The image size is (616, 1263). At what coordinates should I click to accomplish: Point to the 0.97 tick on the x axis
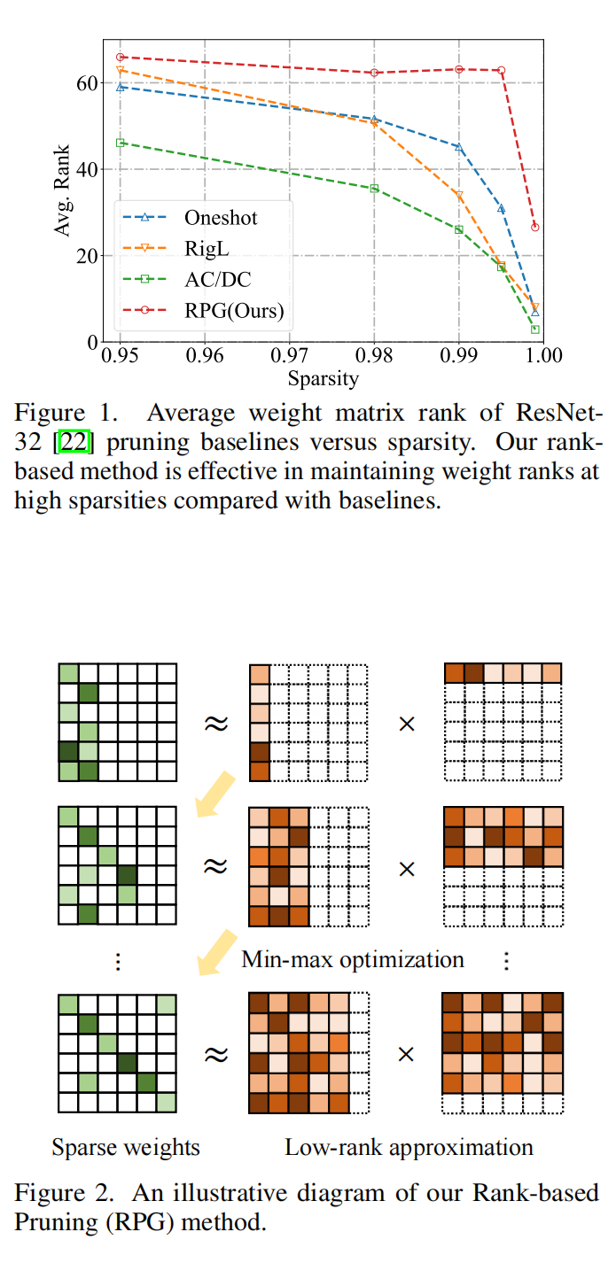(x=290, y=357)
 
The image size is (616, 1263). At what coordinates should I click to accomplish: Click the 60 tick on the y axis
(x=84, y=83)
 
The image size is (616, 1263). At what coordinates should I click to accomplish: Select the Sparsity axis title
(x=324, y=379)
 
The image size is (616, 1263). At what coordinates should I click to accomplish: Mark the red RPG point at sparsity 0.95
(x=121, y=58)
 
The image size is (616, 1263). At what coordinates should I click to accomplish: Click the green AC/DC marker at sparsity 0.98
(x=374, y=189)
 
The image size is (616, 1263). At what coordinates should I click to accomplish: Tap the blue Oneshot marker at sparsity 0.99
(x=459, y=147)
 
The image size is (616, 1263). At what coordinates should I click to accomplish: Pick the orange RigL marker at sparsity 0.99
(x=459, y=195)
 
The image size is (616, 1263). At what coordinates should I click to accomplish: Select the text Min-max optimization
(x=353, y=959)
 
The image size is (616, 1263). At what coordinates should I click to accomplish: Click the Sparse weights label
(x=126, y=1148)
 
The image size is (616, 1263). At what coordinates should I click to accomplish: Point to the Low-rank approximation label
(x=409, y=1148)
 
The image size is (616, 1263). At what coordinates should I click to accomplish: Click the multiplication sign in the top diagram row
(x=407, y=724)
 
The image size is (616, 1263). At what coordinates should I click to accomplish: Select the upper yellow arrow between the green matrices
(x=215, y=794)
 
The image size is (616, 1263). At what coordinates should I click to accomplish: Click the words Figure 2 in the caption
(x=52, y=1192)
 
